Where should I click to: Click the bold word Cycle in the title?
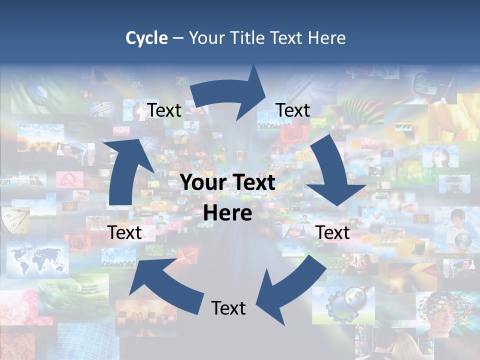click(146, 38)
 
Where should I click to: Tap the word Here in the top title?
click(326, 38)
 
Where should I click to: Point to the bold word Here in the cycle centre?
click(227, 213)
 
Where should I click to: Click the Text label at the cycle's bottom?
click(228, 308)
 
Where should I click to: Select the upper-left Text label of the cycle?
click(164, 110)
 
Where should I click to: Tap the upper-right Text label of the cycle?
click(293, 110)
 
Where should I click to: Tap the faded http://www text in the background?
click(62, 286)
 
